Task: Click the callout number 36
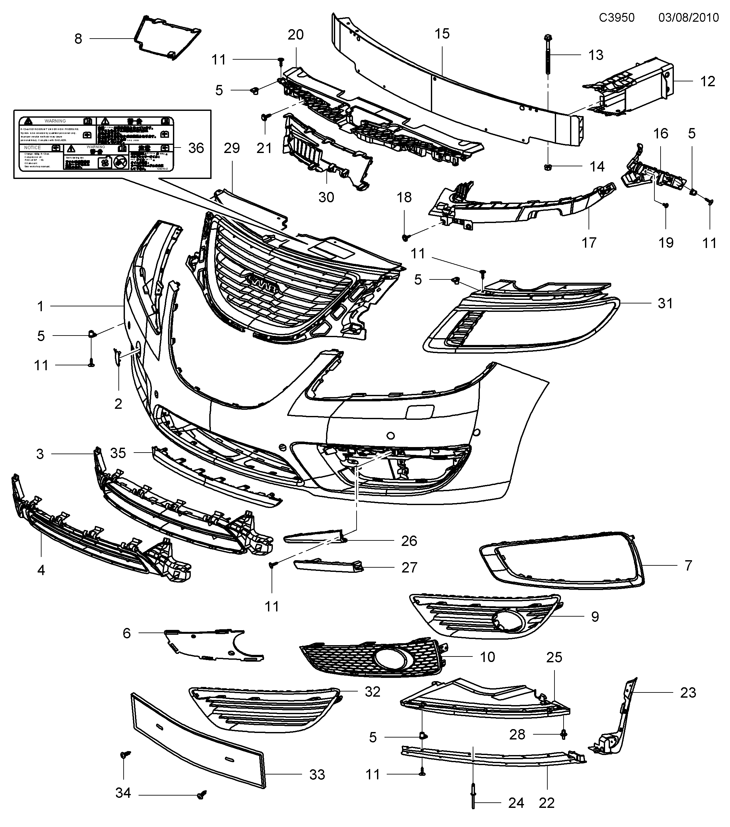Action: click(x=196, y=148)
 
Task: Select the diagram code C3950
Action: click(x=617, y=18)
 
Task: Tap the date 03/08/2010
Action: click(x=688, y=18)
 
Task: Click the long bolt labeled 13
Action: click(x=547, y=54)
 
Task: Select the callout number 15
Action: click(x=442, y=34)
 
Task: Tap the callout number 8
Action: click(x=78, y=39)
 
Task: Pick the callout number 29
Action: click(x=232, y=148)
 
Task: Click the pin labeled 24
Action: click(x=473, y=808)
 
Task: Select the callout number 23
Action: click(x=688, y=693)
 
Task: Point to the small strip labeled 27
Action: click(x=328, y=566)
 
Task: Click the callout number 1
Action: click(x=40, y=306)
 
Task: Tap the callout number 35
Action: click(x=118, y=453)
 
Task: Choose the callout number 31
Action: click(x=665, y=303)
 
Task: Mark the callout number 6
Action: click(x=127, y=633)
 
